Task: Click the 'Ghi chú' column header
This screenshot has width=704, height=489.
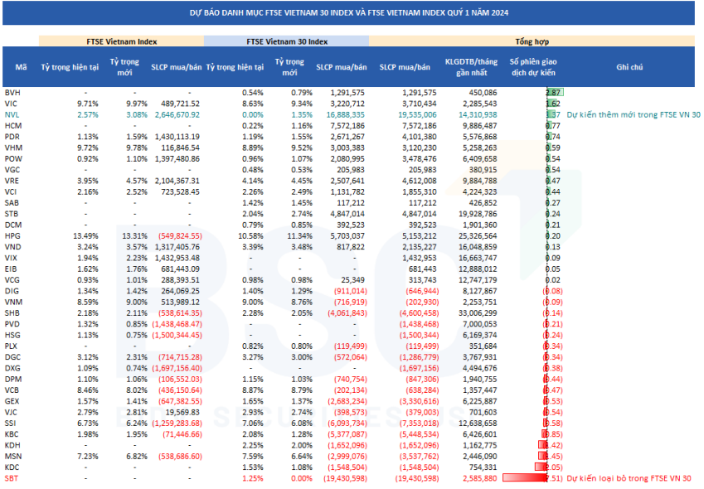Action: pos(629,67)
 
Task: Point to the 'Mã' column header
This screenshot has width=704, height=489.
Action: pos(21,67)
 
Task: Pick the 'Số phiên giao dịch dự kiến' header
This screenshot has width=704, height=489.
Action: pos(532,67)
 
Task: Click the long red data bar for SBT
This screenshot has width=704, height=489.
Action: pos(524,478)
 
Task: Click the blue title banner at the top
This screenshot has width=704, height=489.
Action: pos(352,12)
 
